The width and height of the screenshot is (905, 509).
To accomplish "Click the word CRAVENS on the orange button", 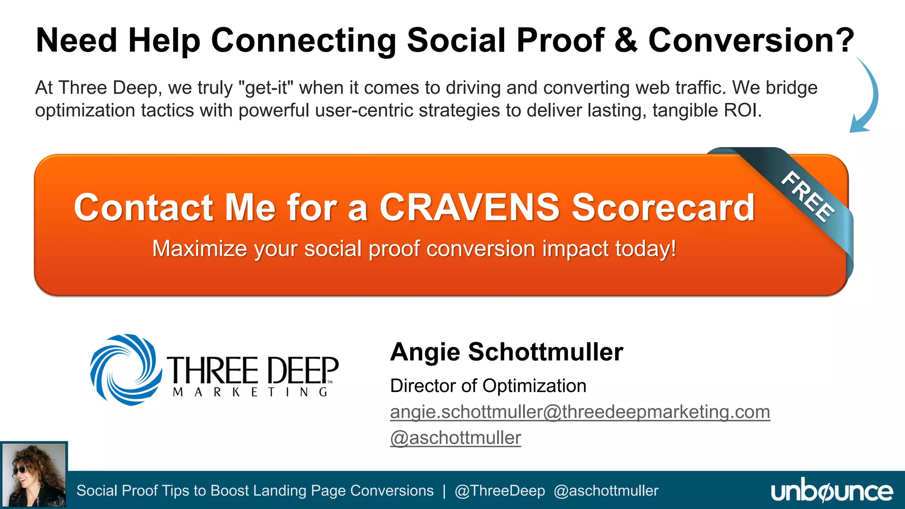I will point(469,207).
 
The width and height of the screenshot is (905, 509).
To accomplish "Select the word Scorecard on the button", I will point(663,207).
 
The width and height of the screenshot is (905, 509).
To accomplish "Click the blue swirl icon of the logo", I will point(125,370).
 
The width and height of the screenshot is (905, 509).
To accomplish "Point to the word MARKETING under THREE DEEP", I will point(251,392).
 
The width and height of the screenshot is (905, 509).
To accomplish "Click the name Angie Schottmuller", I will point(506,352).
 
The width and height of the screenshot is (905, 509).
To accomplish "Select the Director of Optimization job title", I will point(488,386).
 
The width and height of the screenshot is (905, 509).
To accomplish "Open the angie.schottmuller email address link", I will point(580,412).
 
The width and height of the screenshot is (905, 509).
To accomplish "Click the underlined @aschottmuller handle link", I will point(455,438).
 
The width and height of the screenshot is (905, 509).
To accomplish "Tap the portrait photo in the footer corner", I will point(34,475).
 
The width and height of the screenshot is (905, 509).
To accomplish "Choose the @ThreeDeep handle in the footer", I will point(499,491).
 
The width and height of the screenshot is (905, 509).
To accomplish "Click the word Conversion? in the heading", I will point(751,40).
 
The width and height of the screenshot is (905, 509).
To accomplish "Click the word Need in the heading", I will point(76,40).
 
